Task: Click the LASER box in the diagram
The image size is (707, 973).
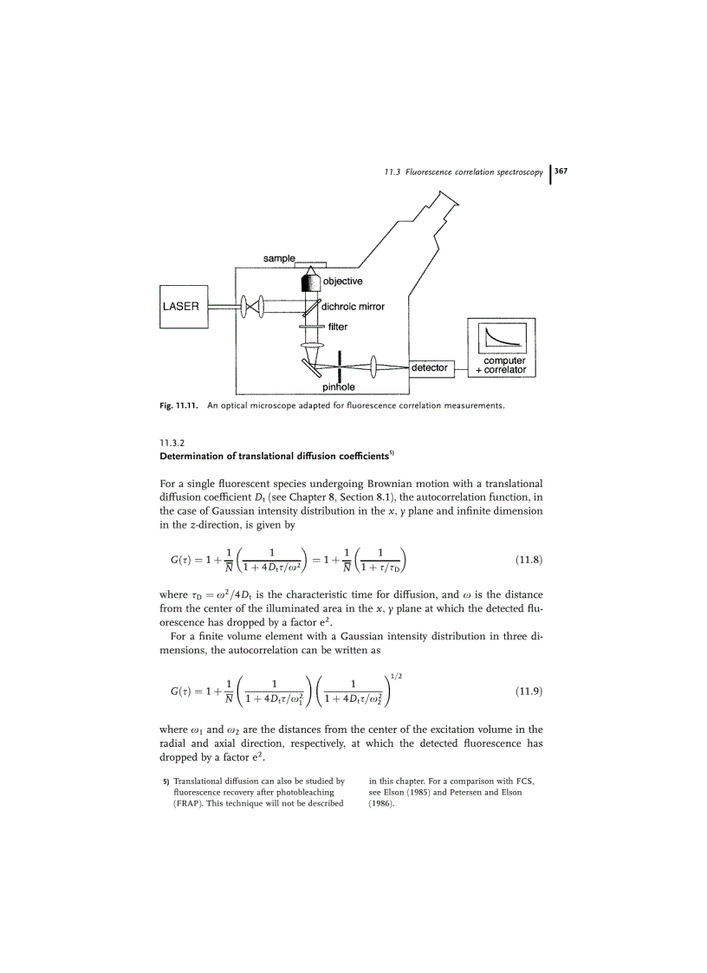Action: (183, 307)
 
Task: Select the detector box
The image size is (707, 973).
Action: (430, 367)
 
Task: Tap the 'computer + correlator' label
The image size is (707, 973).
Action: (501, 366)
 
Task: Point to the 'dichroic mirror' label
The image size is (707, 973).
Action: (353, 306)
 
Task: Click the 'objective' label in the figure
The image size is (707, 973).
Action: (342, 281)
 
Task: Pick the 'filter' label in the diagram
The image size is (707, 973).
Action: (338, 327)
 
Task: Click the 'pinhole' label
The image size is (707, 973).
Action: (328, 387)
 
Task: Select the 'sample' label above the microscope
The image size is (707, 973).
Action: (279, 258)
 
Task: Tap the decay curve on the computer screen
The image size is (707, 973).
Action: (499, 337)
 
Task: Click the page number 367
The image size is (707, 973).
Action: (561, 172)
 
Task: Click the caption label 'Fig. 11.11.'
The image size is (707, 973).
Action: (178, 405)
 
